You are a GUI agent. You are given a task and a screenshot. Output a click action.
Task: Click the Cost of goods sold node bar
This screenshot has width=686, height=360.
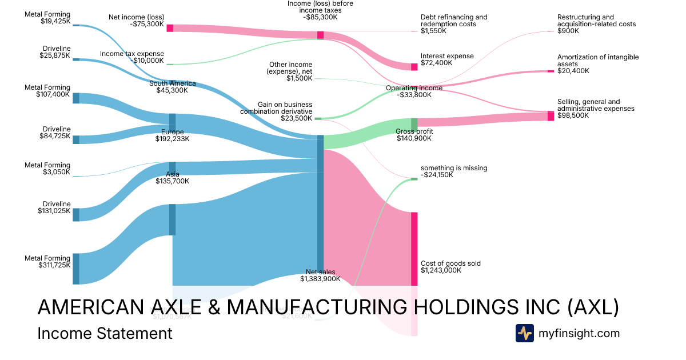414,249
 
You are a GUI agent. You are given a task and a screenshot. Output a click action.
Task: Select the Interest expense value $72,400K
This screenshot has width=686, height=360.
436,63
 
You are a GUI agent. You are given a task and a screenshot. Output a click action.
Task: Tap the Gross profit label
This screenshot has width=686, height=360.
414,131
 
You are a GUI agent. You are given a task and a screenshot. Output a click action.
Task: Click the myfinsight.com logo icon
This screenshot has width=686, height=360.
524,333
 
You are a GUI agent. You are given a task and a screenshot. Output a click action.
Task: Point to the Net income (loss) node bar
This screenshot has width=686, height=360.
169,28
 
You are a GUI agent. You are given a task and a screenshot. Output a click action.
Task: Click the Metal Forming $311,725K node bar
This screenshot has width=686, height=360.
76,269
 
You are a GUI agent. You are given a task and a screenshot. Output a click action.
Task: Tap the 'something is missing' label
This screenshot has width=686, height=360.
454,168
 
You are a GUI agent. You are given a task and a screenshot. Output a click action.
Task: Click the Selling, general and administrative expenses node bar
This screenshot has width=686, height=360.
551,116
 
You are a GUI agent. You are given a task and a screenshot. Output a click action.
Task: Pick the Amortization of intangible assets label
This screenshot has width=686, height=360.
598,61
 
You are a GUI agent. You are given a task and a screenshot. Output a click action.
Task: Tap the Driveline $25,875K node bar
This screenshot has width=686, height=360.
76,59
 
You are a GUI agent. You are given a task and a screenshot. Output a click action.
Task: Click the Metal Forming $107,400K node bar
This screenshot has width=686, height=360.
76,98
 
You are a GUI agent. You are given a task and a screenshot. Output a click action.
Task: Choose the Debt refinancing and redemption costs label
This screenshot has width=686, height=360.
454,21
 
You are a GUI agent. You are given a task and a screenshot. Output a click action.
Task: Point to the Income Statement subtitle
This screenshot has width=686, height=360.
105,333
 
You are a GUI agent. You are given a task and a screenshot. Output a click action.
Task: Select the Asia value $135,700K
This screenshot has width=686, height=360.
172,181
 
